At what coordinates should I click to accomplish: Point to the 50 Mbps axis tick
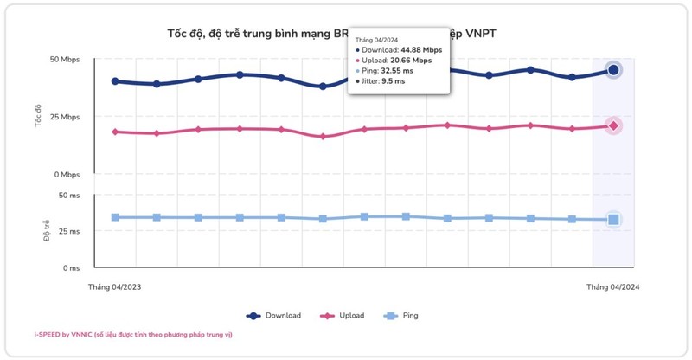pyautogui.click(x=64, y=60)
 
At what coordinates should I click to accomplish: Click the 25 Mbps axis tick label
pyautogui.click(x=64, y=117)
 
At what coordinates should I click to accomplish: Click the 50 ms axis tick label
pyautogui.click(x=68, y=196)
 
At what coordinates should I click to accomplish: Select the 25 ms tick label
pyautogui.click(x=68, y=232)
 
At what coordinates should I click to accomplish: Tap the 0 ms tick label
pyautogui.click(x=71, y=268)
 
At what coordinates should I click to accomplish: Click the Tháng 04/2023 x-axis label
pyautogui.click(x=114, y=286)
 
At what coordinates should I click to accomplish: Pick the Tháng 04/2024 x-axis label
pyautogui.click(x=612, y=286)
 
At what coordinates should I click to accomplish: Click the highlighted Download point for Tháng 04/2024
pyautogui.click(x=613, y=70)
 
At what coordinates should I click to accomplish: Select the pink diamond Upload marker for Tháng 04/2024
pyautogui.click(x=613, y=126)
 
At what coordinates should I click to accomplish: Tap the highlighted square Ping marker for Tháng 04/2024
pyautogui.click(x=613, y=220)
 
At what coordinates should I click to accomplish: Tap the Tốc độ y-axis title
pyautogui.click(x=38, y=117)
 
